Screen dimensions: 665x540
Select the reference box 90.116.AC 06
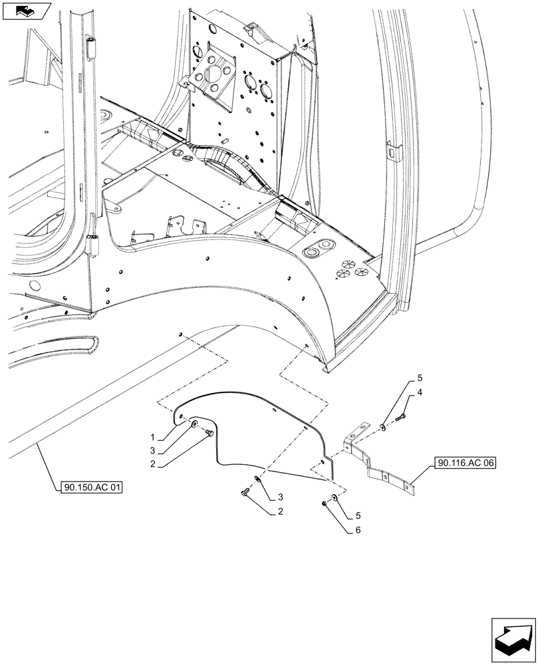click(467, 464)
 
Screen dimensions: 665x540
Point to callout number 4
click(420, 394)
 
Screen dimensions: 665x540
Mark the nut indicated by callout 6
click(323, 503)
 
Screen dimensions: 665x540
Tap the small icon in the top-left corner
click(25, 11)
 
